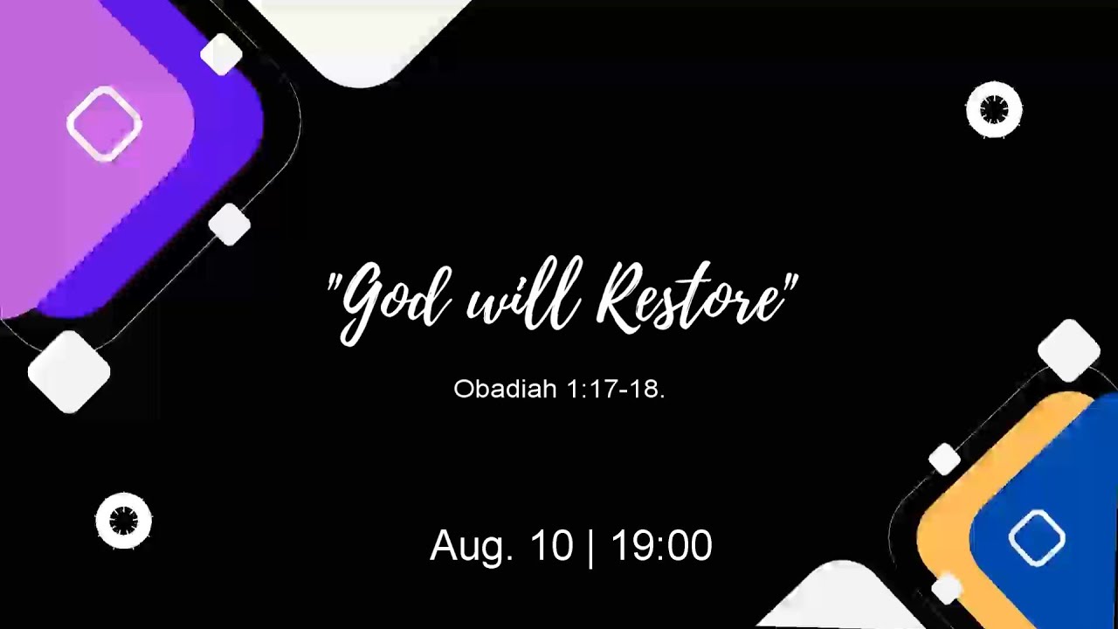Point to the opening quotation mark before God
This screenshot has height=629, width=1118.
click(333, 284)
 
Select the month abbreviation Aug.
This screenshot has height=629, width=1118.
click(472, 546)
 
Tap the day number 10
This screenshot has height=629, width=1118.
click(551, 546)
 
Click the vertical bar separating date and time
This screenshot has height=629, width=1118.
click(591, 547)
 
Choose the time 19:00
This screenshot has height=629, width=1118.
click(661, 546)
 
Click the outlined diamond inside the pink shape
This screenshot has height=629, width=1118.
click(105, 124)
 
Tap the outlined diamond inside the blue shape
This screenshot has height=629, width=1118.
click(1037, 537)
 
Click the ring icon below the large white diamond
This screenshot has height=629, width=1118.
click(123, 522)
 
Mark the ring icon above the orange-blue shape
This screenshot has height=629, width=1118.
click(994, 110)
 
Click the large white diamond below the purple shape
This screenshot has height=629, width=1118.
click(69, 372)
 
